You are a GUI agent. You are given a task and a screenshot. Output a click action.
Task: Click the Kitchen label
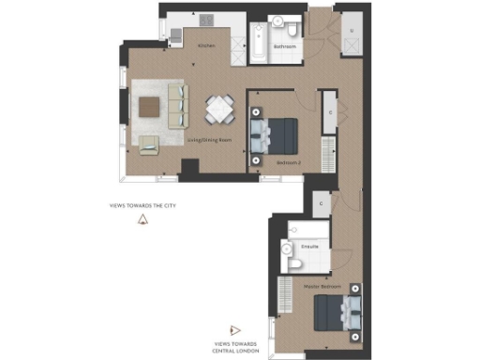tap(206, 45)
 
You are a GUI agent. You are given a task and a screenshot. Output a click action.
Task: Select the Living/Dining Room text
tap(212, 139)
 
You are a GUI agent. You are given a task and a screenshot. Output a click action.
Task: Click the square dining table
tap(219, 110)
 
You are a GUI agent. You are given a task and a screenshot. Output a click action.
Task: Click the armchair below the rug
tap(148, 143)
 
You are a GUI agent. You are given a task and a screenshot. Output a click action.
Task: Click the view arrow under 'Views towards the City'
tap(143, 220)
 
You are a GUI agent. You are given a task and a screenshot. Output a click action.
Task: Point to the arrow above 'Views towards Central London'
tap(235, 330)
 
